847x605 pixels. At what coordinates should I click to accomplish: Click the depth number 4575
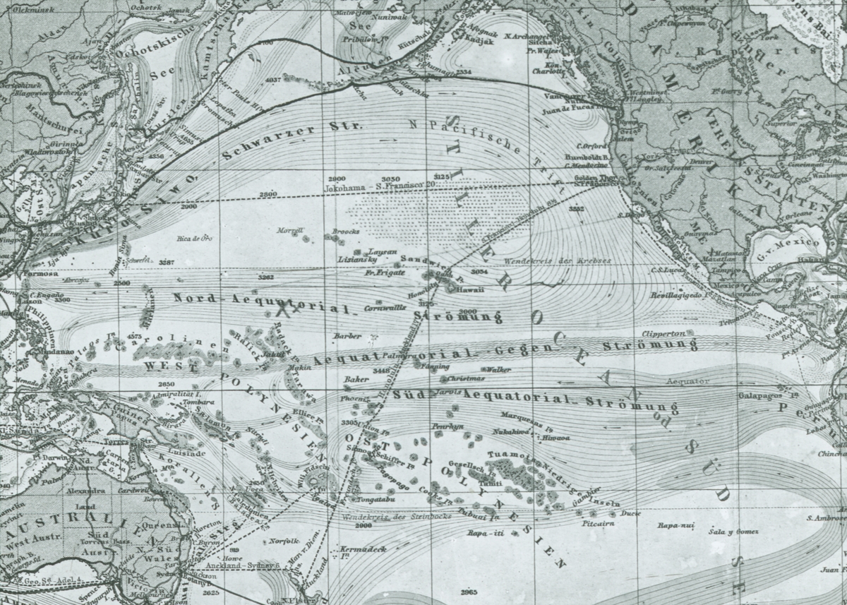(135, 336)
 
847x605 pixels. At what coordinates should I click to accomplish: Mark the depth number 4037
(272, 80)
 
